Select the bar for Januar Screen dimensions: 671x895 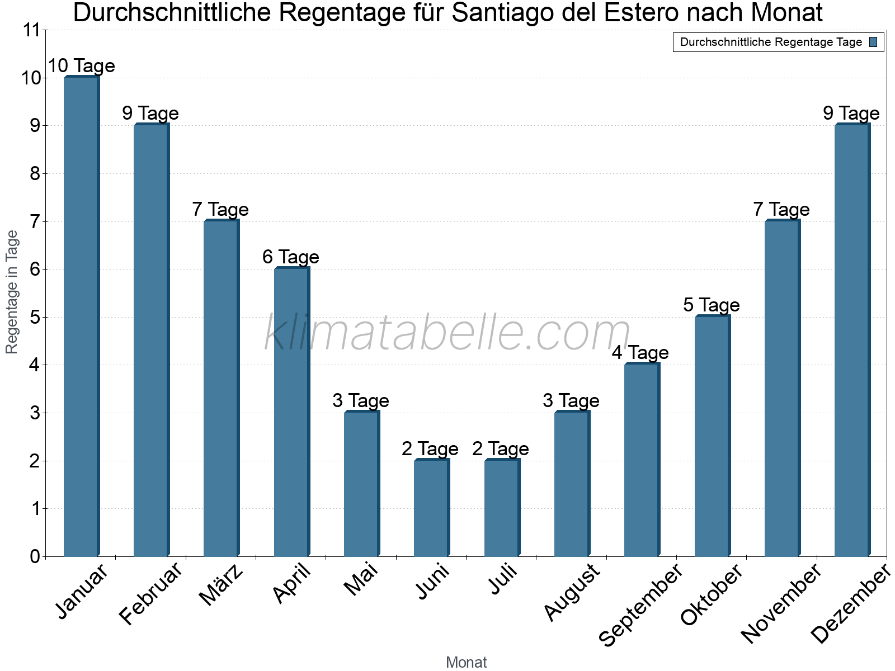pos(81,316)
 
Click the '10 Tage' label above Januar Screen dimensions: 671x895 pos(81,66)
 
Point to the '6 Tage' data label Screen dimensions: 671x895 pos(290,257)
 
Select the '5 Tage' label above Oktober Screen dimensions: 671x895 pos(711,305)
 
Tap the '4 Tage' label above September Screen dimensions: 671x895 pos(640,353)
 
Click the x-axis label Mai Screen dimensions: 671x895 pos(361,580)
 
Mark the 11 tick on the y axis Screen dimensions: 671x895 pos(32,30)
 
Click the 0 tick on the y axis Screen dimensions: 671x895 pos(35,556)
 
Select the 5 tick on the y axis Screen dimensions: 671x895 pos(35,318)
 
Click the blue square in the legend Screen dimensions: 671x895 pos(873,42)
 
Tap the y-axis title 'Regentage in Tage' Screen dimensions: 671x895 pos(12,292)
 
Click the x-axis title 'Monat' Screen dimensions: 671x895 pos(466,662)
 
